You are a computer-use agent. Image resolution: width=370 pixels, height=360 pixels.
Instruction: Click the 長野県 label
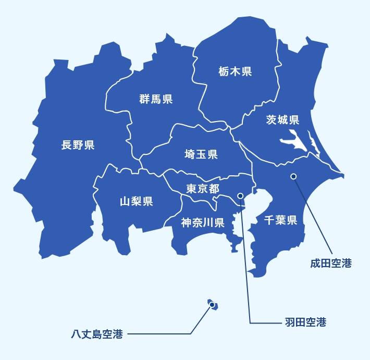point(78,145)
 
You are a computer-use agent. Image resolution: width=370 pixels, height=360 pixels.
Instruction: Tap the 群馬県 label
point(156,99)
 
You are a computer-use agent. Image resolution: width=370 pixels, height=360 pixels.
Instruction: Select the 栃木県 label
point(235,71)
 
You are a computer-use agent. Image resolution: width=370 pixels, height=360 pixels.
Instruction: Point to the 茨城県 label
point(282,120)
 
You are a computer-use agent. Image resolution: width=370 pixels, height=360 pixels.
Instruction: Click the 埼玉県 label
point(201,154)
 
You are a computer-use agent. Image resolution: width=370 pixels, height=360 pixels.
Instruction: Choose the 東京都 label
point(203,188)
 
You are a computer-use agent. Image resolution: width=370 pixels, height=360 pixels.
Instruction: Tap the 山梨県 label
point(136,201)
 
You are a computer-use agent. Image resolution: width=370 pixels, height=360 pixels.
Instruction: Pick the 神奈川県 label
point(203,223)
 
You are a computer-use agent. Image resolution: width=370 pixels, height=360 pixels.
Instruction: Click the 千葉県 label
point(280,220)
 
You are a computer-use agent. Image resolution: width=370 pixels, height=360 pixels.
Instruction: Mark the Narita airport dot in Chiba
point(293,176)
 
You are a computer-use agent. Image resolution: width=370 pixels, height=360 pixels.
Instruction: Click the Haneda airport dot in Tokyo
point(240,196)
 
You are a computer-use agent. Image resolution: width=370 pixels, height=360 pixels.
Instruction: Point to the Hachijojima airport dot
point(213,306)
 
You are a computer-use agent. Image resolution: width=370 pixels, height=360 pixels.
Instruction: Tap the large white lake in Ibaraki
point(292,141)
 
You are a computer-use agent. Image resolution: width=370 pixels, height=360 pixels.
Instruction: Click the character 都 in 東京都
point(214,188)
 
